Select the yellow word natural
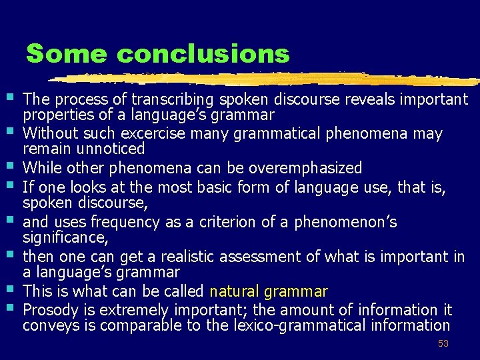235,291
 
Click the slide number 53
443,344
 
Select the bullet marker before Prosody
13,307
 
